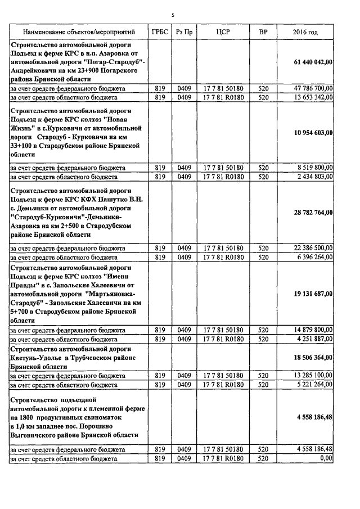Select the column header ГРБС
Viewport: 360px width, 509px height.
(x=159, y=32)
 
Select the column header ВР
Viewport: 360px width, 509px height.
(x=263, y=32)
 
